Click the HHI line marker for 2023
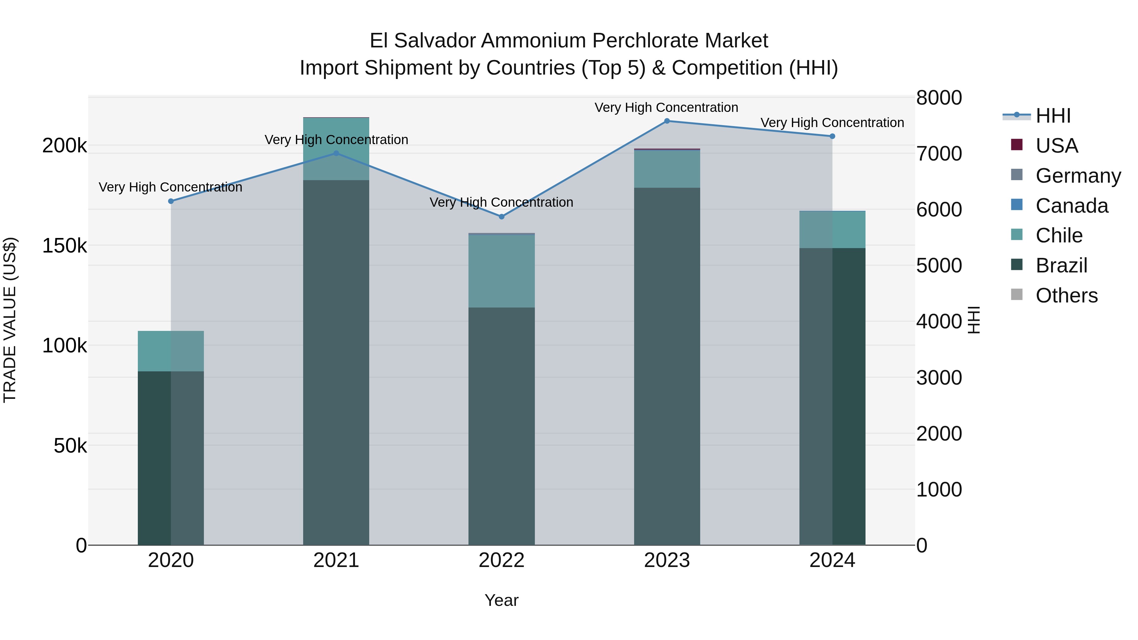[x=667, y=121]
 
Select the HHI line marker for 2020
[x=171, y=201]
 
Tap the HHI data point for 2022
[x=501, y=217]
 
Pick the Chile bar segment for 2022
[x=501, y=271]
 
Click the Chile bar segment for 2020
[x=171, y=351]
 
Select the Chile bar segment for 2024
[x=832, y=230]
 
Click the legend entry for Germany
[x=1078, y=176]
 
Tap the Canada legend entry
[x=1071, y=206]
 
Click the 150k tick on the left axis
[x=64, y=246]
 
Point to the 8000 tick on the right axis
[x=939, y=98]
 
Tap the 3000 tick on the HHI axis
[x=939, y=378]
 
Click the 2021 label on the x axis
[x=336, y=560]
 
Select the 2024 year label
[x=832, y=560]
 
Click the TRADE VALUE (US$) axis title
[x=10, y=320]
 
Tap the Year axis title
[x=501, y=600]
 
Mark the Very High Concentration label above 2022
[x=501, y=202]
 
